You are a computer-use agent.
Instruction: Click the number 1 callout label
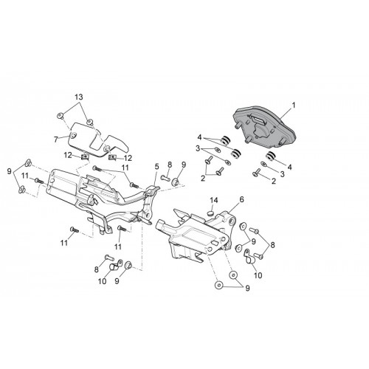pyautogui.click(x=293, y=106)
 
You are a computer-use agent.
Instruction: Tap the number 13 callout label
pyautogui.click(x=79, y=97)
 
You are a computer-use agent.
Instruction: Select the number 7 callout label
pyautogui.click(x=56, y=139)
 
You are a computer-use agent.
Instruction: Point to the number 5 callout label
pyautogui.click(x=156, y=167)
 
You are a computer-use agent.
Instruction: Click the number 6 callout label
pyautogui.click(x=241, y=199)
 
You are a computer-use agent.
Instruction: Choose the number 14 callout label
pyautogui.click(x=214, y=200)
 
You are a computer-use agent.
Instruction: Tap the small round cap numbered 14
pyautogui.click(x=210, y=213)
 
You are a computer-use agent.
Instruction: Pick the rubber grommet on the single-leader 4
pyautogui.click(x=271, y=156)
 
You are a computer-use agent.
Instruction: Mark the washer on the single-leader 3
pyautogui.click(x=263, y=163)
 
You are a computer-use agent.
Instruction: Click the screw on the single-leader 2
pyautogui.click(x=256, y=172)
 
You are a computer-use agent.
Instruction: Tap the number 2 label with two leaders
pyautogui.click(x=203, y=178)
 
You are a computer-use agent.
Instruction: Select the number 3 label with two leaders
pyautogui.click(x=198, y=148)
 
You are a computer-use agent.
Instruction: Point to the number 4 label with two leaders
pyautogui.click(x=199, y=137)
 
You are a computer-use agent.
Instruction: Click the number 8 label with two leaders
pyautogui.click(x=272, y=245)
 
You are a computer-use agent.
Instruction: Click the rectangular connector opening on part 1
pyautogui.click(x=259, y=121)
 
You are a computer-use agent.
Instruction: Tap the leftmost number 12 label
pyautogui.click(x=68, y=156)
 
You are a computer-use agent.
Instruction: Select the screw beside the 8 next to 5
pyautogui.click(x=165, y=177)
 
